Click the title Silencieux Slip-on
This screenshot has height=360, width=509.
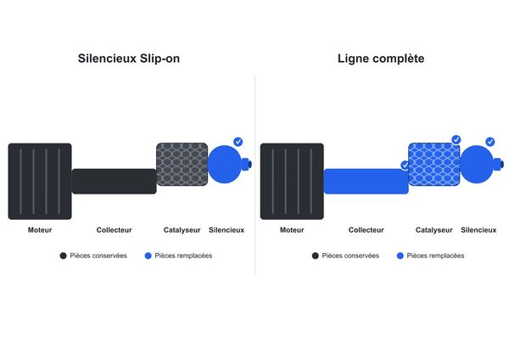tap(129, 59)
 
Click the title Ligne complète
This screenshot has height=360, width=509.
tap(381, 59)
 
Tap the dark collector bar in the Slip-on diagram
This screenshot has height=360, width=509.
tap(114, 182)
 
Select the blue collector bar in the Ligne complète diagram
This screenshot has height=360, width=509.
tap(366, 182)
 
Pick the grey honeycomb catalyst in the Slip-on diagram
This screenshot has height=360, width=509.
tap(182, 165)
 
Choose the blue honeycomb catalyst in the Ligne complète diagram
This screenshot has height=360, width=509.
tap(434, 165)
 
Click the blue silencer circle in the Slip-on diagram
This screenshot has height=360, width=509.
tap(224, 165)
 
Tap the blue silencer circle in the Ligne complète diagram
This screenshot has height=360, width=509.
tap(477, 165)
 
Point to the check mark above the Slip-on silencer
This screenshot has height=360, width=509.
tap(238, 142)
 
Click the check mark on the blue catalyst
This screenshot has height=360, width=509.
tap(456, 140)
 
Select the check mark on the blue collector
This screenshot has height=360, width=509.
tap(405, 165)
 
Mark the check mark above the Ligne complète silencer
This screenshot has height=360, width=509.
tap(490, 142)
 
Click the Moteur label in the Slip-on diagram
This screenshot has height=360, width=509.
tap(40, 230)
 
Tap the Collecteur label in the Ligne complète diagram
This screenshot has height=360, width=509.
tap(366, 230)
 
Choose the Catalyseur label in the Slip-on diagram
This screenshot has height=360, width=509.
tap(182, 230)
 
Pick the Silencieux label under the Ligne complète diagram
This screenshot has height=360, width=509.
tap(478, 230)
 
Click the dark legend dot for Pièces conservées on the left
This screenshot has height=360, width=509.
tap(63, 256)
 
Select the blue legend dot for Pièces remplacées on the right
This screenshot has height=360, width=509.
tap(400, 256)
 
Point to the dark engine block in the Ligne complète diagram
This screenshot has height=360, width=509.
tap(292, 182)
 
